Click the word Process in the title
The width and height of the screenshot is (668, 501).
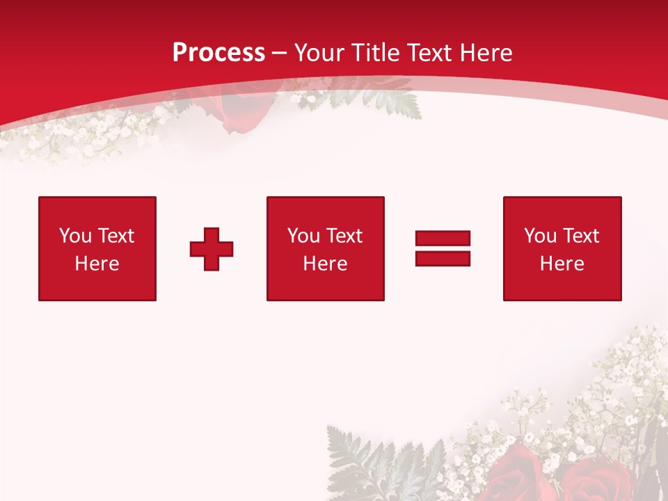[x=218, y=53]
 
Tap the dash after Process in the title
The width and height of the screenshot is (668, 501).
[x=280, y=53]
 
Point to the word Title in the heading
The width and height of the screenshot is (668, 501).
[x=376, y=53]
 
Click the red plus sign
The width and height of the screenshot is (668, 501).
[x=212, y=249]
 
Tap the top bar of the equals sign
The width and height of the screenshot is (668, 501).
[x=443, y=238]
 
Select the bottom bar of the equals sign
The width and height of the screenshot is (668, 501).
[x=443, y=258]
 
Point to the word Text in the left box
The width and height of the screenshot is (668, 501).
[x=116, y=236]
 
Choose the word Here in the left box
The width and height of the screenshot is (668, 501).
[x=97, y=264]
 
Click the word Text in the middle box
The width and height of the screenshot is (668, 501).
[x=344, y=236]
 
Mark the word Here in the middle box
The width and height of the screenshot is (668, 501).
[x=325, y=264]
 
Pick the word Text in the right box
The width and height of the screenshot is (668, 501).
[x=580, y=236]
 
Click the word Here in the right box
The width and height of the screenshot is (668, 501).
[x=562, y=264]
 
